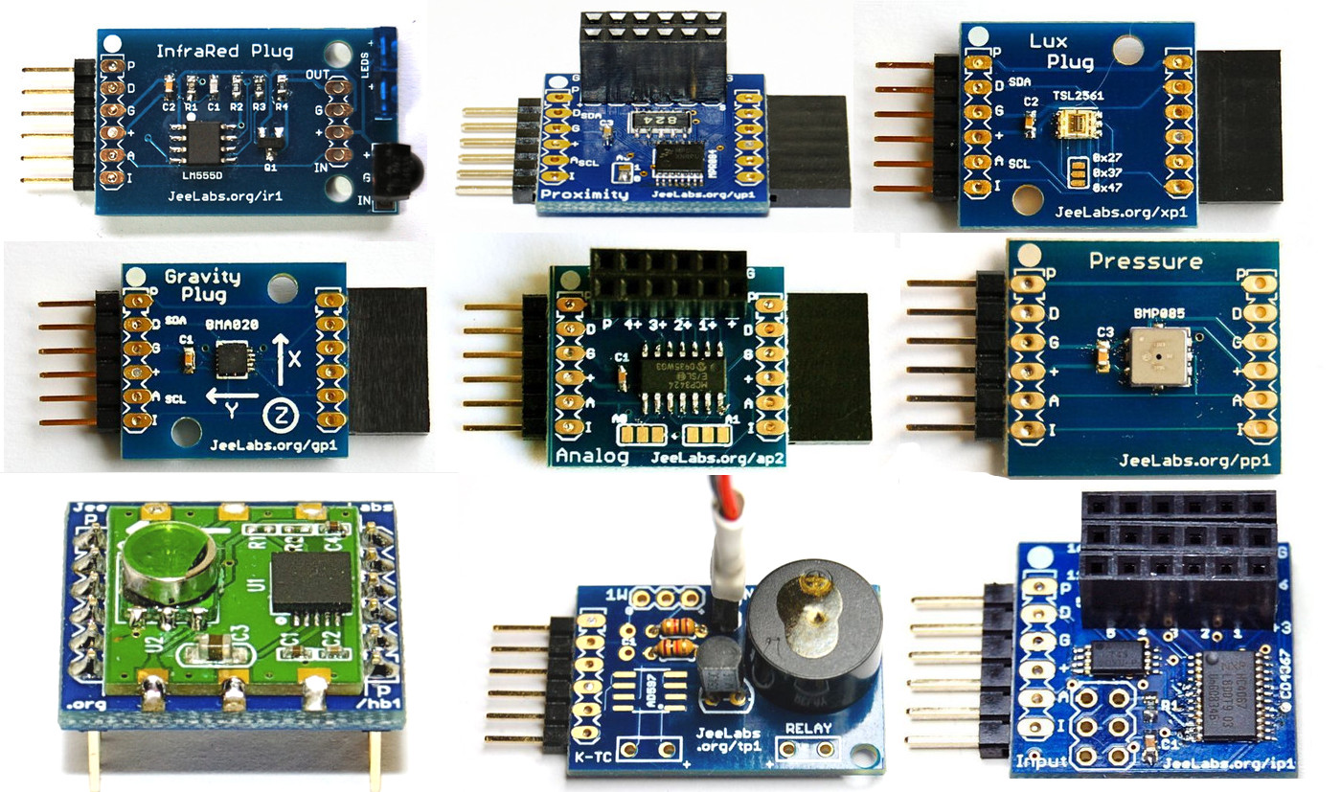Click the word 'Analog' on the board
click(592, 457)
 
